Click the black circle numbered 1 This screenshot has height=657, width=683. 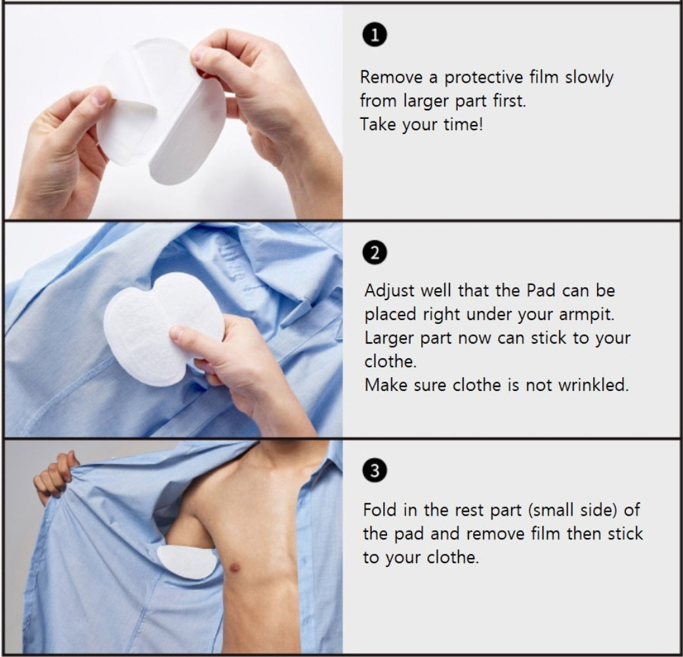point(375,35)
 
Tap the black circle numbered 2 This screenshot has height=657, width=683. point(375,252)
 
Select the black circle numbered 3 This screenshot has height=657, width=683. point(375,470)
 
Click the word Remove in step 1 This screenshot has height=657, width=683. point(391,78)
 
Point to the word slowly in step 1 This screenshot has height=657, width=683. point(589,78)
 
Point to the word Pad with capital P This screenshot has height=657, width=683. point(541,290)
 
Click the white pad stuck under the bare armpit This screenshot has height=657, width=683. point(187,562)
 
